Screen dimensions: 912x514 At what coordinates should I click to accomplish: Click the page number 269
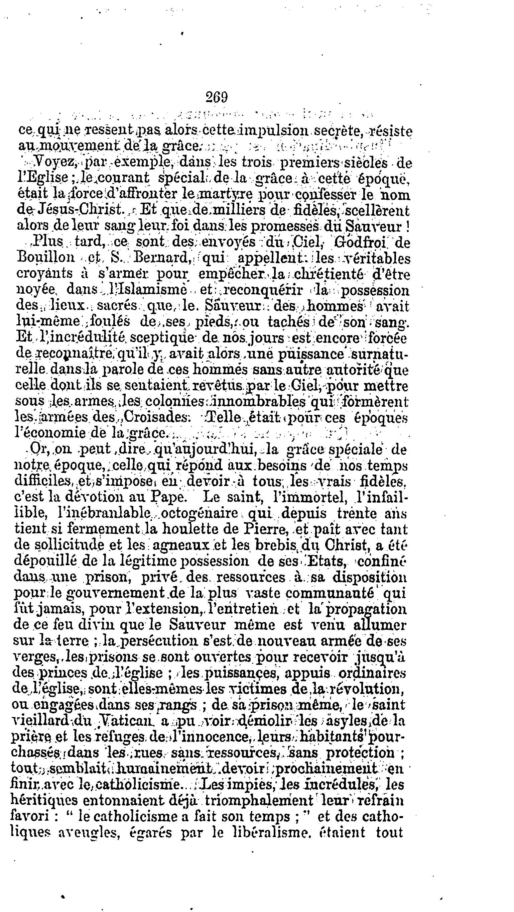(217, 97)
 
